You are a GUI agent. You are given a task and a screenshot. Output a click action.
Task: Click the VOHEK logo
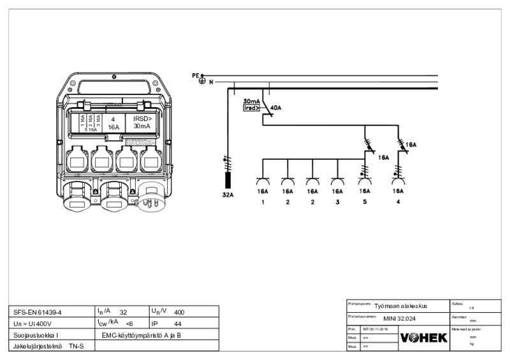point(423,338)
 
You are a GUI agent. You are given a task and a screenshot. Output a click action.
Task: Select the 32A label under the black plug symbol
point(228,194)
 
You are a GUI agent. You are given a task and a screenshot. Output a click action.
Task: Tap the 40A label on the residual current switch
point(275,108)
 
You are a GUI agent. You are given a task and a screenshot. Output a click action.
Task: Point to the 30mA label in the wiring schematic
point(251,101)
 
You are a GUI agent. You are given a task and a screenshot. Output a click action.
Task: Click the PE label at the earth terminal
point(195,75)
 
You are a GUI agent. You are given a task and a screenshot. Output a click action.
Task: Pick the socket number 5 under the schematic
point(365,202)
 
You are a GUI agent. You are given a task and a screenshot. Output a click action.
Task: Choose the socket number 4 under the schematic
point(398,202)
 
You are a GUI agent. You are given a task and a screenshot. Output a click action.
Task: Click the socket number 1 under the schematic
point(262,202)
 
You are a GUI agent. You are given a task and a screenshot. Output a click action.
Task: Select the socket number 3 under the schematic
point(337,202)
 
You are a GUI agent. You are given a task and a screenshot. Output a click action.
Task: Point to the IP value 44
point(178,323)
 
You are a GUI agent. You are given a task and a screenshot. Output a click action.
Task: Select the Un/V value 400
point(179,312)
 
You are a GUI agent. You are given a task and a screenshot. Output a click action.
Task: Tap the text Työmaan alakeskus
point(400,305)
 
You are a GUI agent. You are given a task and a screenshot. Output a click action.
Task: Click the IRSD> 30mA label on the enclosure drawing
point(142,122)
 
